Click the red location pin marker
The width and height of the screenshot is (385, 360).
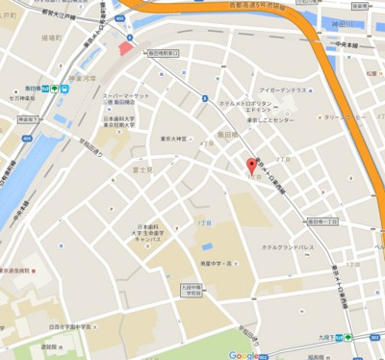point(252,167)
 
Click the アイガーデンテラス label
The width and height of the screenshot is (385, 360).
point(282,90)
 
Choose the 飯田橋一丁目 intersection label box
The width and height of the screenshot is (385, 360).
point(322,220)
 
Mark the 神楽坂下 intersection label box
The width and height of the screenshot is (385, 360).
point(28,119)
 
